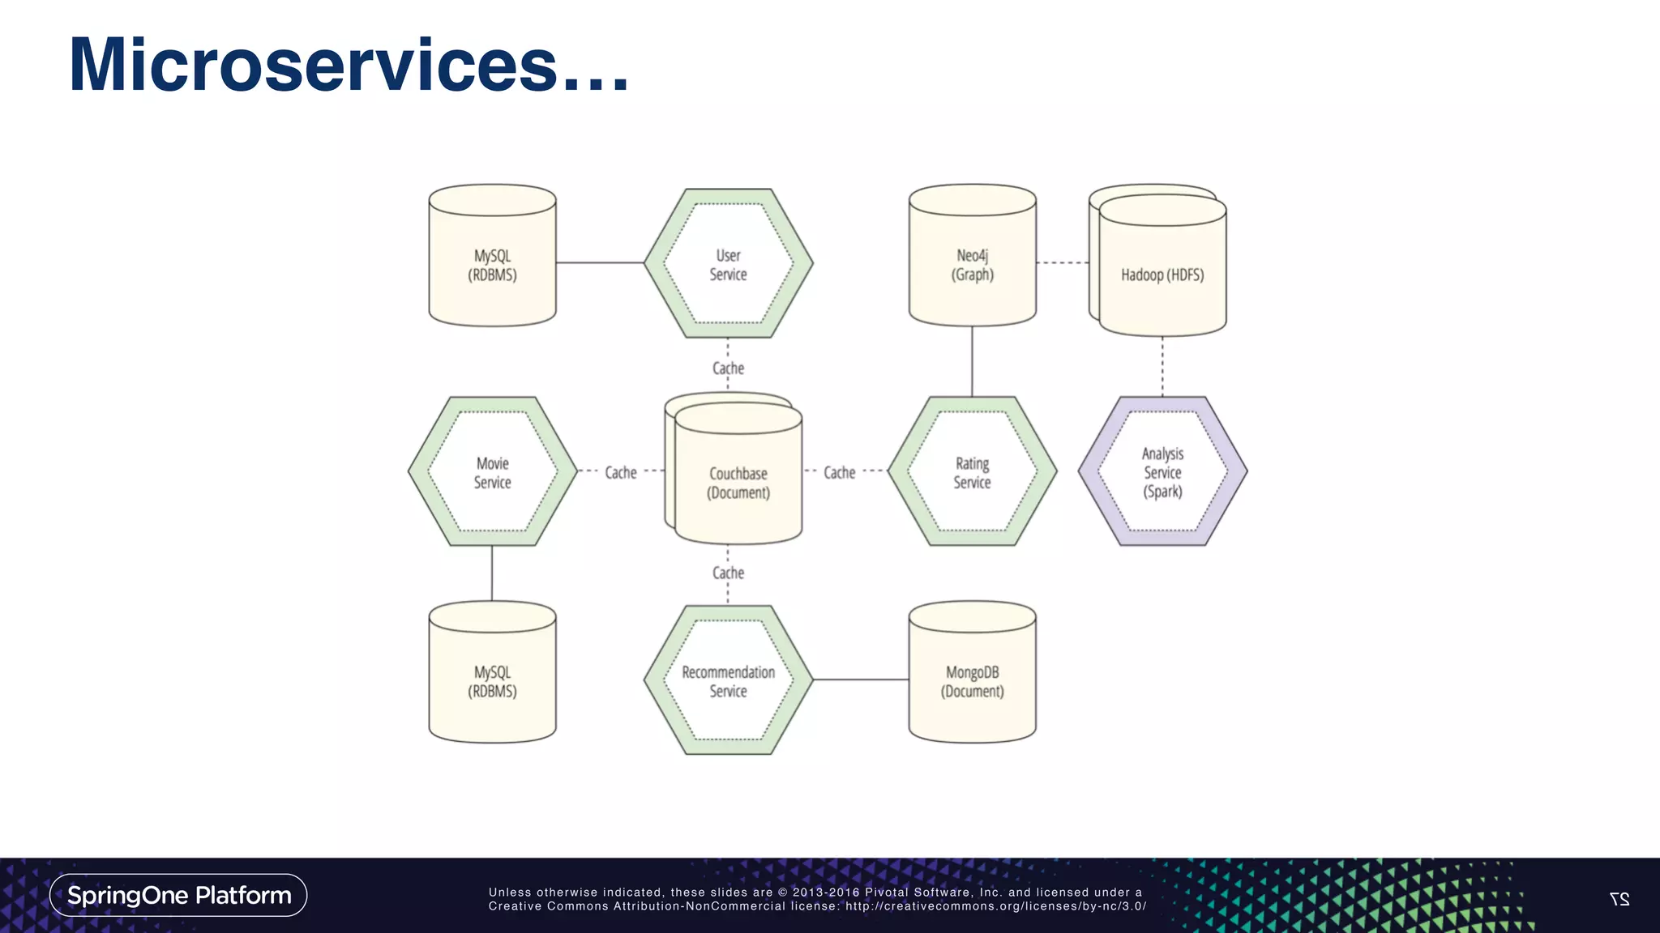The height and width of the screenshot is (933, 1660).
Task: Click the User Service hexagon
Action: click(728, 264)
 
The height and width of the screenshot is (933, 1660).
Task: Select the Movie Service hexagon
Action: click(492, 471)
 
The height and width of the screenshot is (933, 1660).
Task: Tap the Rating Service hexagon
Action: click(972, 471)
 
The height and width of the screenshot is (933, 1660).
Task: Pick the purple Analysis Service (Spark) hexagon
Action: click(1162, 471)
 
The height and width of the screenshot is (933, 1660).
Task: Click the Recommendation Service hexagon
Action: click(728, 680)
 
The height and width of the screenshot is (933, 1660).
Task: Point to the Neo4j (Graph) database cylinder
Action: click(972, 264)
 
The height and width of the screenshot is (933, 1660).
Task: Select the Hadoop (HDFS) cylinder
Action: click(1162, 274)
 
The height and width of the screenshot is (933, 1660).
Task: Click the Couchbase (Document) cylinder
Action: click(738, 482)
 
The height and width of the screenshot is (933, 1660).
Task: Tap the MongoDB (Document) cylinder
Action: click(972, 680)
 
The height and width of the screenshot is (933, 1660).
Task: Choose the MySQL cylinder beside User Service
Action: click(492, 264)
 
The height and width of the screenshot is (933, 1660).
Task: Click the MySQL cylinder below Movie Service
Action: click(492, 680)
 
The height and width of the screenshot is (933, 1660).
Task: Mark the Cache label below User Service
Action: click(728, 369)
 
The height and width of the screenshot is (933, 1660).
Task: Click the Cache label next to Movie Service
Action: click(620, 472)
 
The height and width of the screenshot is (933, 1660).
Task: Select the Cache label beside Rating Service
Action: click(839, 472)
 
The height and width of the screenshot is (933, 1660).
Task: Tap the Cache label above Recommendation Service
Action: click(728, 573)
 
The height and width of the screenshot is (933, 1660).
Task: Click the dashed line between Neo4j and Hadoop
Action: click(1062, 262)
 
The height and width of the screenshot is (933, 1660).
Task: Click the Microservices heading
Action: click(349, 65)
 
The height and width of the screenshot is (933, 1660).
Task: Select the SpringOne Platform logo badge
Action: click(178, 895)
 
